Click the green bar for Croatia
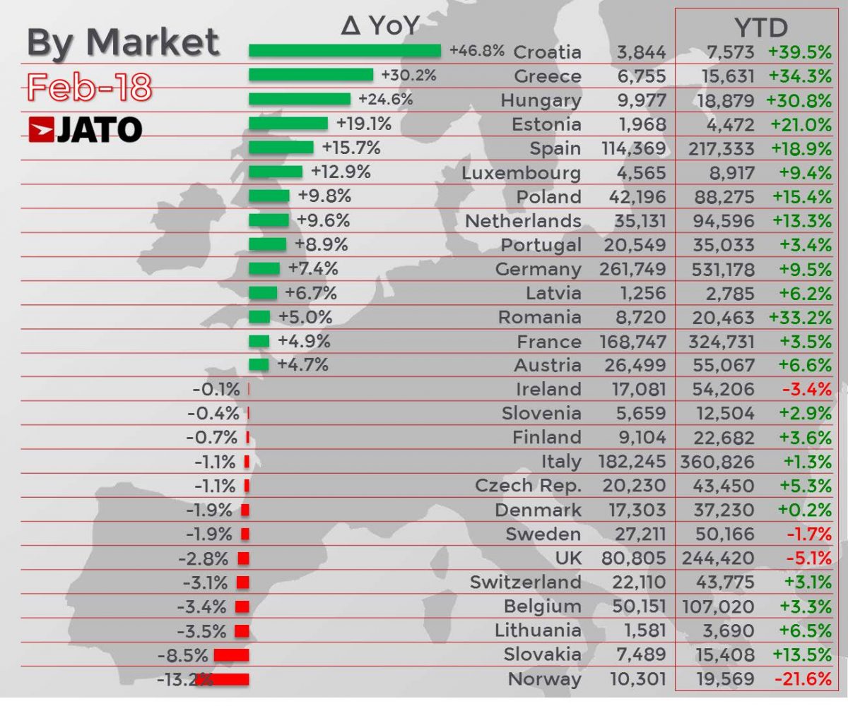[x=345, y=51]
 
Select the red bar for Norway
[x=223, y=679]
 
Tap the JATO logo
[x=86, y=130]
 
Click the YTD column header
[x=761, y=28]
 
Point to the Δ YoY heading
[x=379, y=26]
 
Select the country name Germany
[x=538, y=269]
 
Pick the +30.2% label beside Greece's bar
[x=408, y=75]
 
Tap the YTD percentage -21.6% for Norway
[x=803, y=679]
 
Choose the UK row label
[x=568, y=558]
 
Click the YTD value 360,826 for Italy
[x=717, y=462]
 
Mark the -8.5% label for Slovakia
[x=182, y=655]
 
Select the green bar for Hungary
[x=300, y=99]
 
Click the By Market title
[x=123, y=42]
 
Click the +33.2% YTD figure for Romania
[x=799, y=318]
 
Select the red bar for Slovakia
[x=231, y=655]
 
